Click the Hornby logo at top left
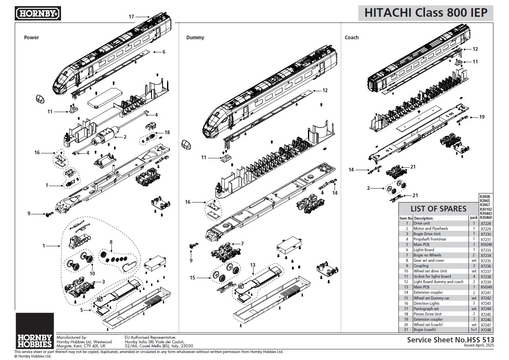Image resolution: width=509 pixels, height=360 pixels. pos(38,13)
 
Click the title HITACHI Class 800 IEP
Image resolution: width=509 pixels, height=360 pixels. pos(426,13)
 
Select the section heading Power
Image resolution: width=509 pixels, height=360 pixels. pos(32,38)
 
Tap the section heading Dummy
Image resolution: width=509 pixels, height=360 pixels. pos(195,38)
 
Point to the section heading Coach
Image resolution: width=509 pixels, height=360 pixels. pos(351,38)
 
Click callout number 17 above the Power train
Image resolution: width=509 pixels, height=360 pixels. pos(131,17)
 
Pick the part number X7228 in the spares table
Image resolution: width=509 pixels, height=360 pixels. pos(486,223)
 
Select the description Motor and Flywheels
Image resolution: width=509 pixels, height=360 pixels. pos(431,229)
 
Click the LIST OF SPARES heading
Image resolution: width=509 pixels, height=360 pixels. pos(438,209)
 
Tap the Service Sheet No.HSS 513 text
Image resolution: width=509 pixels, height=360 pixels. pos(450,340)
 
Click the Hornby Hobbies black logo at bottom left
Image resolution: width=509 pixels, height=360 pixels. pos(34,331)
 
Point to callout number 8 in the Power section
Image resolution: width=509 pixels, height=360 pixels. pos(111,242)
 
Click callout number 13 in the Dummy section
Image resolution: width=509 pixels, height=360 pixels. pos(253,265)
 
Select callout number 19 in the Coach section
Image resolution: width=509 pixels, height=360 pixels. pos(482,117)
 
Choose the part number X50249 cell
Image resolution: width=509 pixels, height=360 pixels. pos(486,287)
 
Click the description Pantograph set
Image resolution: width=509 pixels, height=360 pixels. pos(426,309)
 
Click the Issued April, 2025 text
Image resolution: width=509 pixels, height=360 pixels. pos(479,345)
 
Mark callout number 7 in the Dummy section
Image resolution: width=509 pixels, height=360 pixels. pos(242,243)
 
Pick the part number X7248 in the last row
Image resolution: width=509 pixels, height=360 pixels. pos(486,330)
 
